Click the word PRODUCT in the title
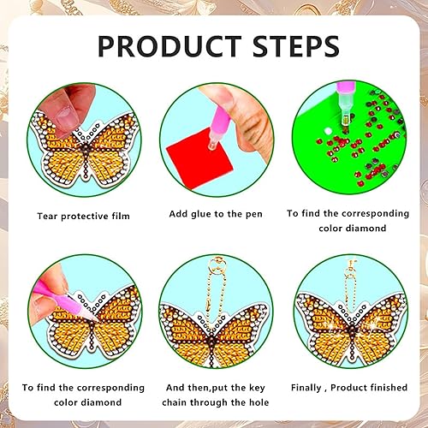click(169, 45)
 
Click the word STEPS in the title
click(296, 45)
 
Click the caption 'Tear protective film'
click(83, 216)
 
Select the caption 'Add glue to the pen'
click(216, 214)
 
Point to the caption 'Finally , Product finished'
click(349, 388)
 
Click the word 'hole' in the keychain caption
click(259, 402)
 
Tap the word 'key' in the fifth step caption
click(257, 388)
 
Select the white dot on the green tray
click(328, 131)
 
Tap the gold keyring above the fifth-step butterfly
click(218, 265)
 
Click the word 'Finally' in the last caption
click(306, 388)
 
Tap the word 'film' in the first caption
click(121, 216)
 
